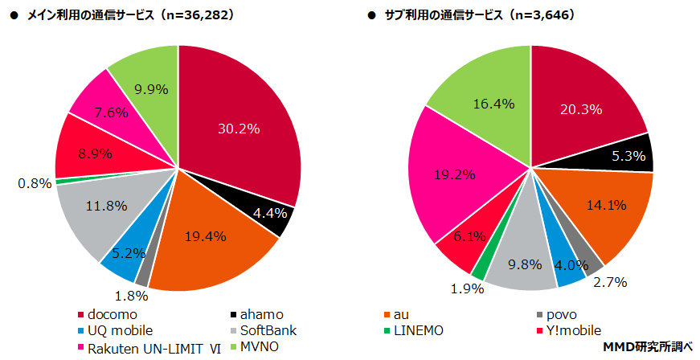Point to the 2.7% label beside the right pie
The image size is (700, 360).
610,282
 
